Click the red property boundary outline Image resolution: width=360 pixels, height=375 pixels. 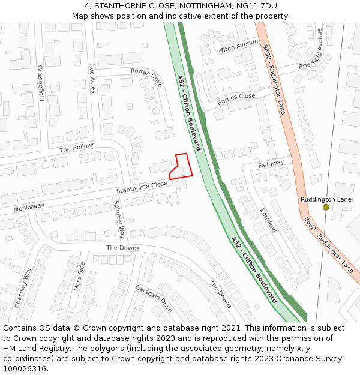pyautogui.click(x=181, y=166)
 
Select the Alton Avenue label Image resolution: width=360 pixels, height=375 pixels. pyautogui.click(x=239, y=47)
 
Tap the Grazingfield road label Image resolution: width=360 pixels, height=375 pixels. pyautogui.click(x=40, y=83)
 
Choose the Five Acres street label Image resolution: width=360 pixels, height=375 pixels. pyautogui.click(x=92, y=79)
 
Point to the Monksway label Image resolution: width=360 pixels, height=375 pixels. pyautogui.click(x=29, y=208)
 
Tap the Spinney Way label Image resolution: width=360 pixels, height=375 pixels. pyautogui.click(x=119, y=219)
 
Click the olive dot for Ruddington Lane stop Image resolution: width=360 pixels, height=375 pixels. pyautogui.click(x=326, y=207)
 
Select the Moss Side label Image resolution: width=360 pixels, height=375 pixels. pyautogui.click(x=79, y=276)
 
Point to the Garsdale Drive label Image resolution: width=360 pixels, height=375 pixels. pyautogui.click(x=154, y=298)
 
